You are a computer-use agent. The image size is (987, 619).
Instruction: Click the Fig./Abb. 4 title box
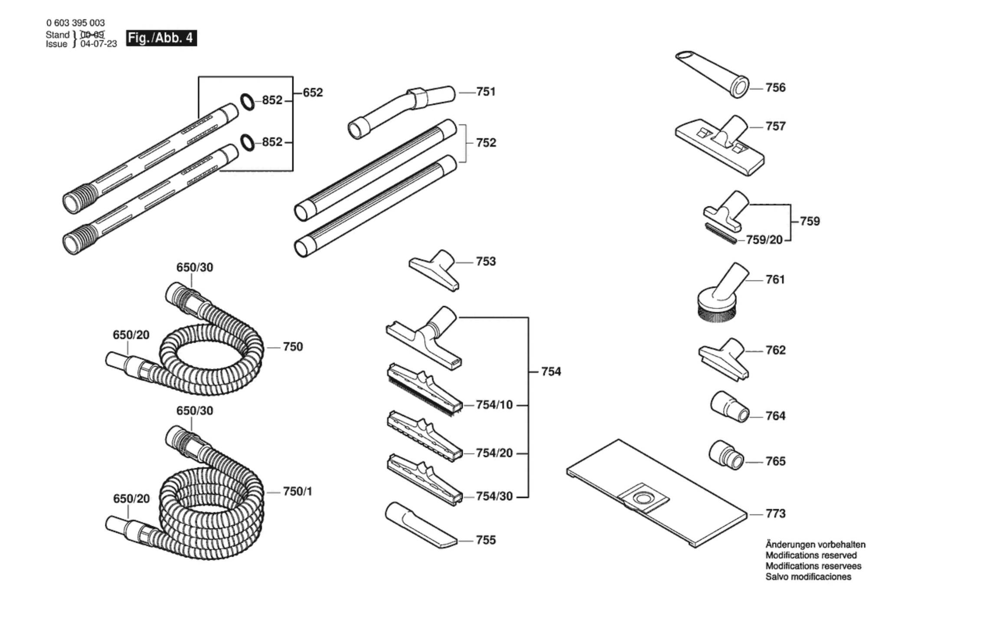pyautogui.click(x=161, y=38)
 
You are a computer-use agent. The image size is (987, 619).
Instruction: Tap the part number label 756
pyautogui.click(x=775, y=88)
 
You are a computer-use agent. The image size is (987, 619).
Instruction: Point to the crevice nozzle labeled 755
pyautogui.click(x=421, y=525)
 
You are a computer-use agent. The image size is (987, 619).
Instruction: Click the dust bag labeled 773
pyautogui.click(x=657, y=494)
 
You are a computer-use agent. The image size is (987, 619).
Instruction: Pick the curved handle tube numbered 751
pyautogui.click(x=402, y=112)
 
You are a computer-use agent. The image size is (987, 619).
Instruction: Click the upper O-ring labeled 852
pyautogui.click(x=248, y=102)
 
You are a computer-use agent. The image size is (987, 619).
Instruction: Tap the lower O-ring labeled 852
pyautogui.click(x=248, y=143)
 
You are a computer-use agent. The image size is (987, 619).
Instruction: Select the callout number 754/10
pyautogui.click(x=494, y=405)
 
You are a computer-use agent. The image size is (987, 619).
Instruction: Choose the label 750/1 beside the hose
pyautogui.click(x=297, y=492)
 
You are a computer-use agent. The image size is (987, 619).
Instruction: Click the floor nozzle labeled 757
pyautogui.click(x=720, y=145)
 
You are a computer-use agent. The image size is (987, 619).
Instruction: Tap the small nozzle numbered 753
pyautogui.click(x=434, y=270)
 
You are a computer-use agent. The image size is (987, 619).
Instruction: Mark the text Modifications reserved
pyautogui.click(x=811, y=555)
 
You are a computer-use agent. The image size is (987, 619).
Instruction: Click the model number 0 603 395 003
pyautogui.click(x=75, y=23)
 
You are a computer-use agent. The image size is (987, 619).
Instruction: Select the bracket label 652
pyautogui.click(x=313, y=92)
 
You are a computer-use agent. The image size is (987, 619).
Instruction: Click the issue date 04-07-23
pyautogui.click(x=99, y=44)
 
